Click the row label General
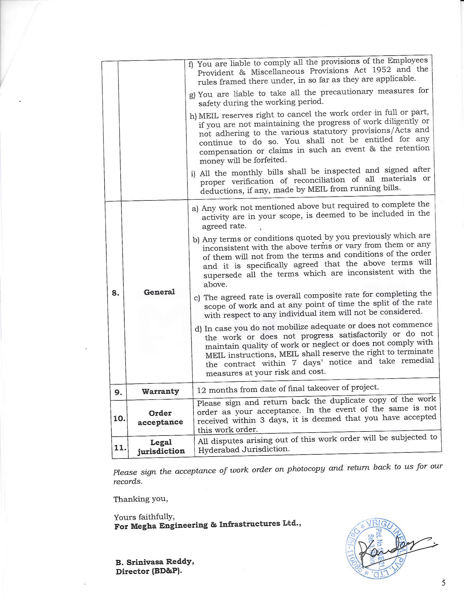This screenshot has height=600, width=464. pyautogui.click(x=159, y=292)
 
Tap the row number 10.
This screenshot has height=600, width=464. pyautogui.click(x=119, y=419)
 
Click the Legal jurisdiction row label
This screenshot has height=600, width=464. pyautogui.click(x=161, y=447)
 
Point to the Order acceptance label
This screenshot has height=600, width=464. pyautogui.click(x=160, y=418)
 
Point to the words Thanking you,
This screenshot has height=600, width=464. pyautogui.click(x=141, y=499)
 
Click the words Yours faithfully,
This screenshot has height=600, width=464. pyautogui.click(x=144, y=517)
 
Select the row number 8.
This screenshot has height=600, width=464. pyautogui.click(x=115, y=293)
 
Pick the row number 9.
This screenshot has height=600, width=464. pyautogui.click(x=118, y=392)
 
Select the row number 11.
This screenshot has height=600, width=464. pyautogui.click(x=120, y=448)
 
